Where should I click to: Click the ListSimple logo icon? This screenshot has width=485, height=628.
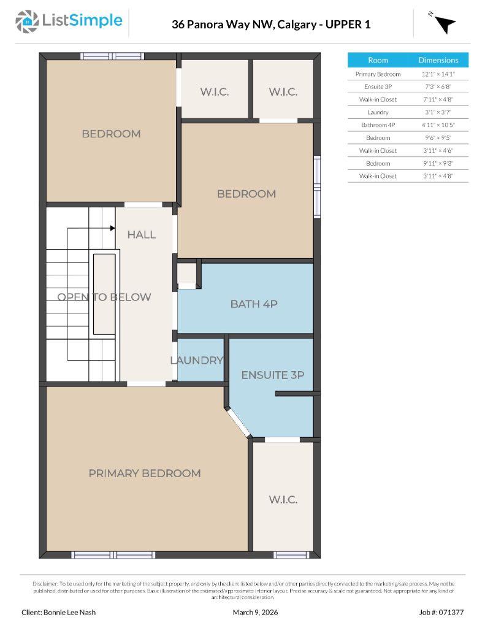(x=27, y=22)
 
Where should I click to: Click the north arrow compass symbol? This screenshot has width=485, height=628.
(x=445, y=23)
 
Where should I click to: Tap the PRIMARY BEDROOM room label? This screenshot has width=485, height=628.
(x=145, y=473)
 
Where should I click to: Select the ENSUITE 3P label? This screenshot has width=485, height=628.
(x=272, y=375)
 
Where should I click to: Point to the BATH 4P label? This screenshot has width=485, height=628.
(x=254, y=304)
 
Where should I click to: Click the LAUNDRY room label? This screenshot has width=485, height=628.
(x=197, y=360)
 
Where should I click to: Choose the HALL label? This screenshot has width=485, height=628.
(x=142, y=234)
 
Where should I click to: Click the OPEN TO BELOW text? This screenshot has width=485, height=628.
(x=104, y=297)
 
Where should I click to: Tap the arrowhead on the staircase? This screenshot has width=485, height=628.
(x=112, y=228)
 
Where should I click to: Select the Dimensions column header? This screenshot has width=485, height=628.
(x=438, y=60)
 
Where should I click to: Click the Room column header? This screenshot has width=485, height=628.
(x=378, y=60)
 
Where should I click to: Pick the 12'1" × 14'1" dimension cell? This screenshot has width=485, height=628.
(x=438, y=74)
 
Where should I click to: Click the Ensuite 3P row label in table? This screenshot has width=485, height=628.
(x=378, y=86)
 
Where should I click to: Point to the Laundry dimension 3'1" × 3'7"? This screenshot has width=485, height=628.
(x=438, y=112)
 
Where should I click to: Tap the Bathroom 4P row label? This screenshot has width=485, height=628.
(x=378, y=125)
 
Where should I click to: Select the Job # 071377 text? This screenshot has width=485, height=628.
(x=441, y=612)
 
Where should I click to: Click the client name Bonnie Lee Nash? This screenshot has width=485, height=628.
(x=59, y=612)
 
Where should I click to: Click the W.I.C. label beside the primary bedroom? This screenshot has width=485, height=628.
(x=283, y=499)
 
